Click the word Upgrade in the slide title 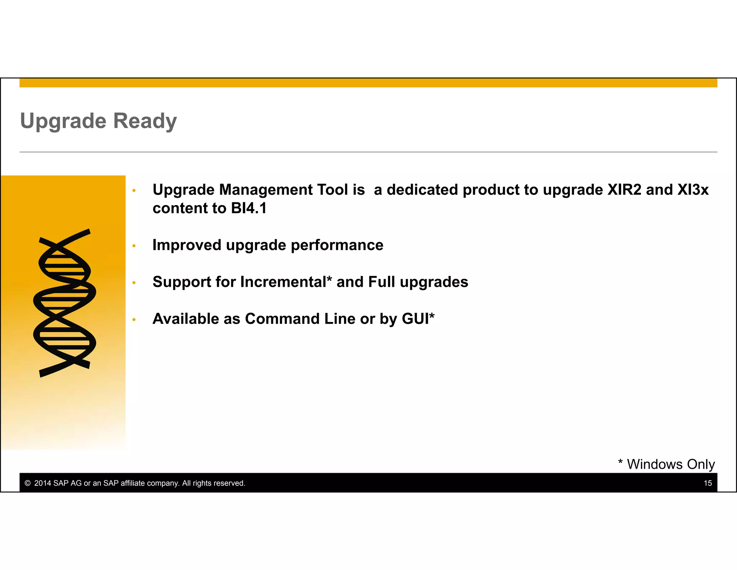(x=63, y=121)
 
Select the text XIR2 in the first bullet (x=624, y=190)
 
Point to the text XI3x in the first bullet (x=693, y=190)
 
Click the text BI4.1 (x=249, y=208)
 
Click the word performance (x=337, y=245)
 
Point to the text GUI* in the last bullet (x=418, y=319)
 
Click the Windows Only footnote (x=666, y=464)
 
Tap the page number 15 (x=707, y=483)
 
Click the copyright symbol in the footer (x=28, y=483)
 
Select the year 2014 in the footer (x=42, y=483)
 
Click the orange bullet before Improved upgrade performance (x=134, y=246)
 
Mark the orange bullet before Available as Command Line (x=134, y=320)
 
